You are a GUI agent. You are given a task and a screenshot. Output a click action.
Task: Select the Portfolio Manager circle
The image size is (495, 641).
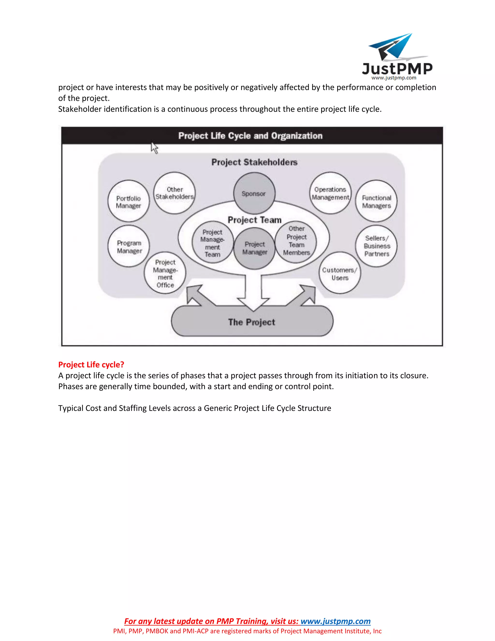[128, 201]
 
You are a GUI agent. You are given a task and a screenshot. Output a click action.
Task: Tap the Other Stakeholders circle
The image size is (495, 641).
[175, 193]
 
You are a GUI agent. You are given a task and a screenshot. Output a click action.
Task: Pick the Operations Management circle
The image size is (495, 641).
[330, 193]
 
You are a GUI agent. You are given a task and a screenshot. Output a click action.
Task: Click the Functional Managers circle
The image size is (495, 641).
[376, 201]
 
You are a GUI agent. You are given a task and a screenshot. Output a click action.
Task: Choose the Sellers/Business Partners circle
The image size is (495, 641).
[376, 246]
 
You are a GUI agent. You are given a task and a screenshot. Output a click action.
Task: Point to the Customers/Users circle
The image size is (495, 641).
[340, 273]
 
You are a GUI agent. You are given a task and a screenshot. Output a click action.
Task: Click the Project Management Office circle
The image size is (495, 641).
[165, 273]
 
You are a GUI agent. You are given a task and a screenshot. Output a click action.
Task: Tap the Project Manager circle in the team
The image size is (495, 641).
[255, 248]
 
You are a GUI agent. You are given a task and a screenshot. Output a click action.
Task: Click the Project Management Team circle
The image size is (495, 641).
[213, 242]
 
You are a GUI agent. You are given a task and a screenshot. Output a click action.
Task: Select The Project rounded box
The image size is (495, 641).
[252, 322]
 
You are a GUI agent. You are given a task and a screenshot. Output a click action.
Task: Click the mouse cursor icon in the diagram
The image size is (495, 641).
[154, 148]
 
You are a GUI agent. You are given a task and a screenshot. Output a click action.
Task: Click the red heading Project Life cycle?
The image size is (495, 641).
[91, 365]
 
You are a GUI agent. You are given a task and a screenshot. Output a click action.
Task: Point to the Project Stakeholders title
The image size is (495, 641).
[254, 162]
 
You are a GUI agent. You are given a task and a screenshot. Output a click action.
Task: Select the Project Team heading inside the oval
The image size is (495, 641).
[255, 220]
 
